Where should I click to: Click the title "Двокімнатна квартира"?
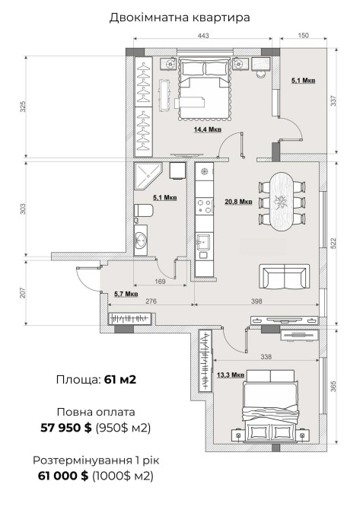pos(180,18)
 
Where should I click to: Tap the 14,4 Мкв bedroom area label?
pos(208,129)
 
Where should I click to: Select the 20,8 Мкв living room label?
pos(238,202)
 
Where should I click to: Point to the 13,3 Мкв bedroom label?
pos(231,375)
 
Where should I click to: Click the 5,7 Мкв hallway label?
pos(126,294)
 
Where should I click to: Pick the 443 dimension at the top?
pos(203,35)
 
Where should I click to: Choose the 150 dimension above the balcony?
pos(303,35)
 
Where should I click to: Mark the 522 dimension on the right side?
pos(333,243)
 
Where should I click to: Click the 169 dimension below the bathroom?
pos(160,282)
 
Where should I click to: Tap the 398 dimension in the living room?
pos(256,301)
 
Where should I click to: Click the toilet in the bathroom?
pos(143,210)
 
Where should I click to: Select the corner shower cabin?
pos(148,177)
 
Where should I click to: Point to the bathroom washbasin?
pos(141,240)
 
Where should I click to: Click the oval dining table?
pos(282,202)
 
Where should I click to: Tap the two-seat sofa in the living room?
pos(284,276)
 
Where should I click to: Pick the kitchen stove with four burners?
pos(205,206)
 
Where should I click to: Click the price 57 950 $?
pos(66,427)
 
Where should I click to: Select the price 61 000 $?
pos(63,476)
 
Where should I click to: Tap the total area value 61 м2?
pos(120,380)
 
